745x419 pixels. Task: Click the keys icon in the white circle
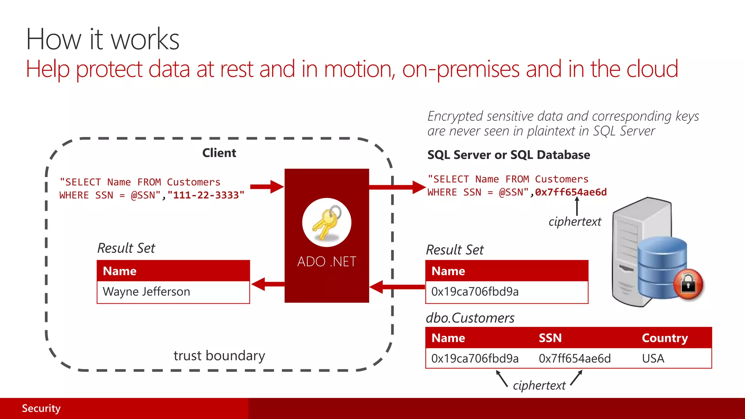326,223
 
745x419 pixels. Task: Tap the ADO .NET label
326,262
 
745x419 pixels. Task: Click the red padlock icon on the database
688,284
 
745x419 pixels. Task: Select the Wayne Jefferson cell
146,292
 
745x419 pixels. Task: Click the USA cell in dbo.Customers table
653,359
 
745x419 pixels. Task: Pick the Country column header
665,338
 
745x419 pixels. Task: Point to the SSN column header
550,338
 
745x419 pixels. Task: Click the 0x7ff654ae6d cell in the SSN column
574,359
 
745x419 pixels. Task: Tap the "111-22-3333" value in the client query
206,195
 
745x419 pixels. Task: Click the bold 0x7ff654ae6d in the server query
571,192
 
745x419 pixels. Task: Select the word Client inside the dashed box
219,153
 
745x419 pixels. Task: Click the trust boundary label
219,355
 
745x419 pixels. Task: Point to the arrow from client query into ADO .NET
267,187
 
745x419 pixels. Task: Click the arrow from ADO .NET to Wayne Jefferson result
267,284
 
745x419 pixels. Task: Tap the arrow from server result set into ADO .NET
397,287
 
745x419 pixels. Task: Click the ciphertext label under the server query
575,222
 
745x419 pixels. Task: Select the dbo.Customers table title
470,318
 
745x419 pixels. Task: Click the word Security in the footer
41,408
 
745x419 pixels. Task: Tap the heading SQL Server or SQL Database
509,155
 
